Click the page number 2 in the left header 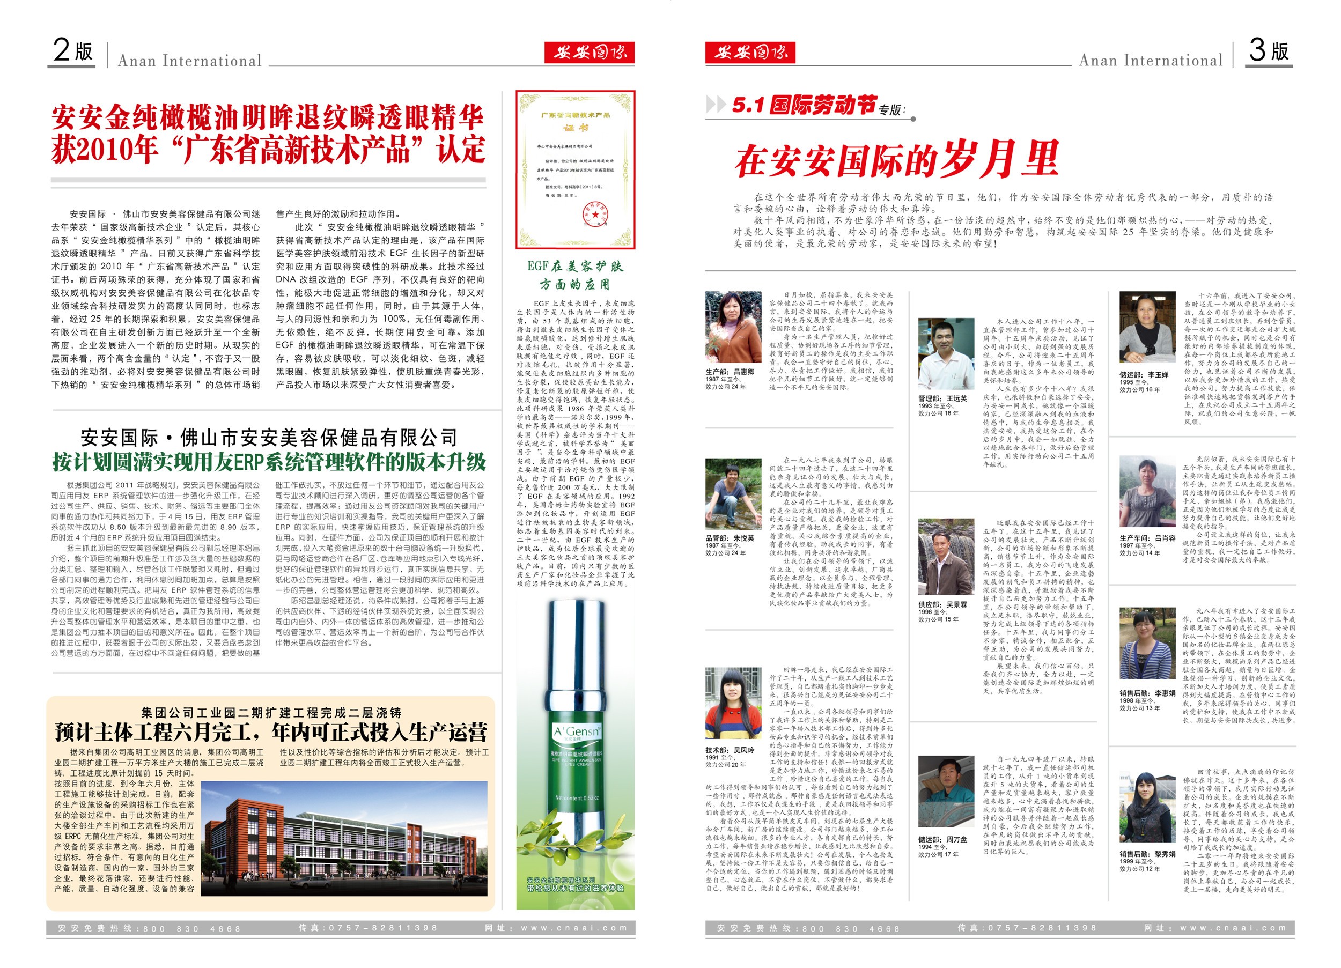pyautogui.click(x=62, y=50)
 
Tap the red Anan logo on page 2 pyautogui.click(x=589, y=53)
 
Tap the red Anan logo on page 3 pyautogui.click(x=750, y=53)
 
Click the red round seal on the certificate pyautogui.click(x=592, y=212)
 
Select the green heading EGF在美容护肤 pyautogui.click(x=574, y=267)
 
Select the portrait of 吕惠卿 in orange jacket pyautogui.click(x=733, y=327)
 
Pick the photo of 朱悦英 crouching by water pyautogui.click(x=733, y=494)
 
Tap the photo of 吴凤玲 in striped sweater pyautogui.click(x=733, y=704)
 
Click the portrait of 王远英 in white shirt pyautogui.click(x=946, y=353)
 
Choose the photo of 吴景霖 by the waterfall pyautogui.click(x=946, y=557)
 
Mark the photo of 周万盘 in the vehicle pyautogui.click(x=946, y=791)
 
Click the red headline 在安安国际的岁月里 pyautogui.click(x=896, y=160)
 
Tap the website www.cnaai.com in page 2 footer pyautogui.click(x=573, y=928)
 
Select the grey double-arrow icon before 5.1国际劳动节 pyautogui.click(x=716, y=105)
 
